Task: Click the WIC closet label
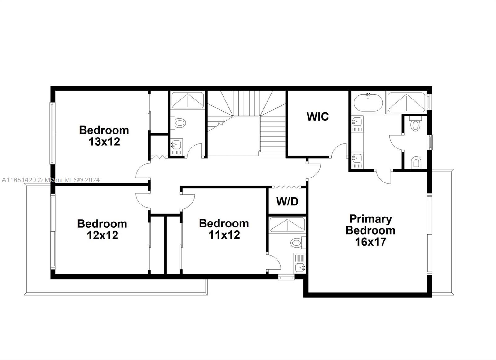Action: [x=317, y=116]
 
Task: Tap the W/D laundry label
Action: [x=287, y=202]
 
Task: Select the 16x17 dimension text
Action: [x=370, y=242]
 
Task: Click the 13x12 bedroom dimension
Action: [x=104, y=142]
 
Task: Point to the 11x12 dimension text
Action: [x=224, y=235]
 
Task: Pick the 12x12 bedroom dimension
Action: [x=102, y=235]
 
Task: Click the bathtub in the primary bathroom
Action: [x=368, y=103]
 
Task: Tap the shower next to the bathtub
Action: [x=406, y=103]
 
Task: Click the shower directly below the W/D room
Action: [x=287, y=225]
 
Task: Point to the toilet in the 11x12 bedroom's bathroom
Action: [x=298, y=242]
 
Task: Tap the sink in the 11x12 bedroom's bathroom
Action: [x=300, y=267]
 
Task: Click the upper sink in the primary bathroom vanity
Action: [x=357, y=121]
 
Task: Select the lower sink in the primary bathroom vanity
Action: [x=357, y=158]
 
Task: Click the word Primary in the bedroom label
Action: [x=370, y=219]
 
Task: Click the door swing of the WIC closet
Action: [x=339, y=151]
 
